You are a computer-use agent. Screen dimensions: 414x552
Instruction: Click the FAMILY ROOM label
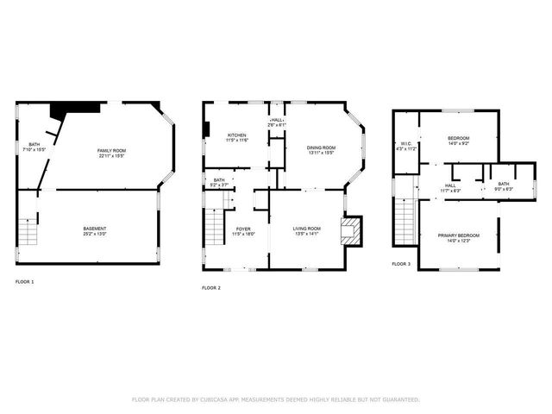click(110, 150)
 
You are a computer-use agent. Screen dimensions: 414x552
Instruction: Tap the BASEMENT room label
click(95, 229)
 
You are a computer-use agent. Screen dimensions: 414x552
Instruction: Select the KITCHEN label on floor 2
click(237, 135)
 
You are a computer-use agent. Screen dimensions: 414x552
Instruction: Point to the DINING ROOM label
click(321, 147)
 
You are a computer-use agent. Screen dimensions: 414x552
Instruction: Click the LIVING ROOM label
click(308, 228)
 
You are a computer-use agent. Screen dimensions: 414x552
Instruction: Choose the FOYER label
click(243, 229)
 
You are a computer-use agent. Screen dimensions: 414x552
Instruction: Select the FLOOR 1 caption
click(25, 282)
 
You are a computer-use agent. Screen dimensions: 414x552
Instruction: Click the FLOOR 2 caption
click(211, 287)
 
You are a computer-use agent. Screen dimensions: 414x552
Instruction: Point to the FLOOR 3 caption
click(401, 263)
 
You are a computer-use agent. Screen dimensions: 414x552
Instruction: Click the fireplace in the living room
click(350, 229)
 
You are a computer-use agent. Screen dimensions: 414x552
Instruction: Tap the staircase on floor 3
click(403, 223)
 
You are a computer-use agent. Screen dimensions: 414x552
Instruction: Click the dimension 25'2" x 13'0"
click(95, 234)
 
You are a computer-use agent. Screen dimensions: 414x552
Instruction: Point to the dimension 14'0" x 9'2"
click(458, 144)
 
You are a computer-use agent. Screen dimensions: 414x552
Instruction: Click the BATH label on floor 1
click(34, 145)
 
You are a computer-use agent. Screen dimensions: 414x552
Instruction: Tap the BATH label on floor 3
click(503, 184)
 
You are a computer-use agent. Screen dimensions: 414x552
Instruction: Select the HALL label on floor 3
click(450, 185)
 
